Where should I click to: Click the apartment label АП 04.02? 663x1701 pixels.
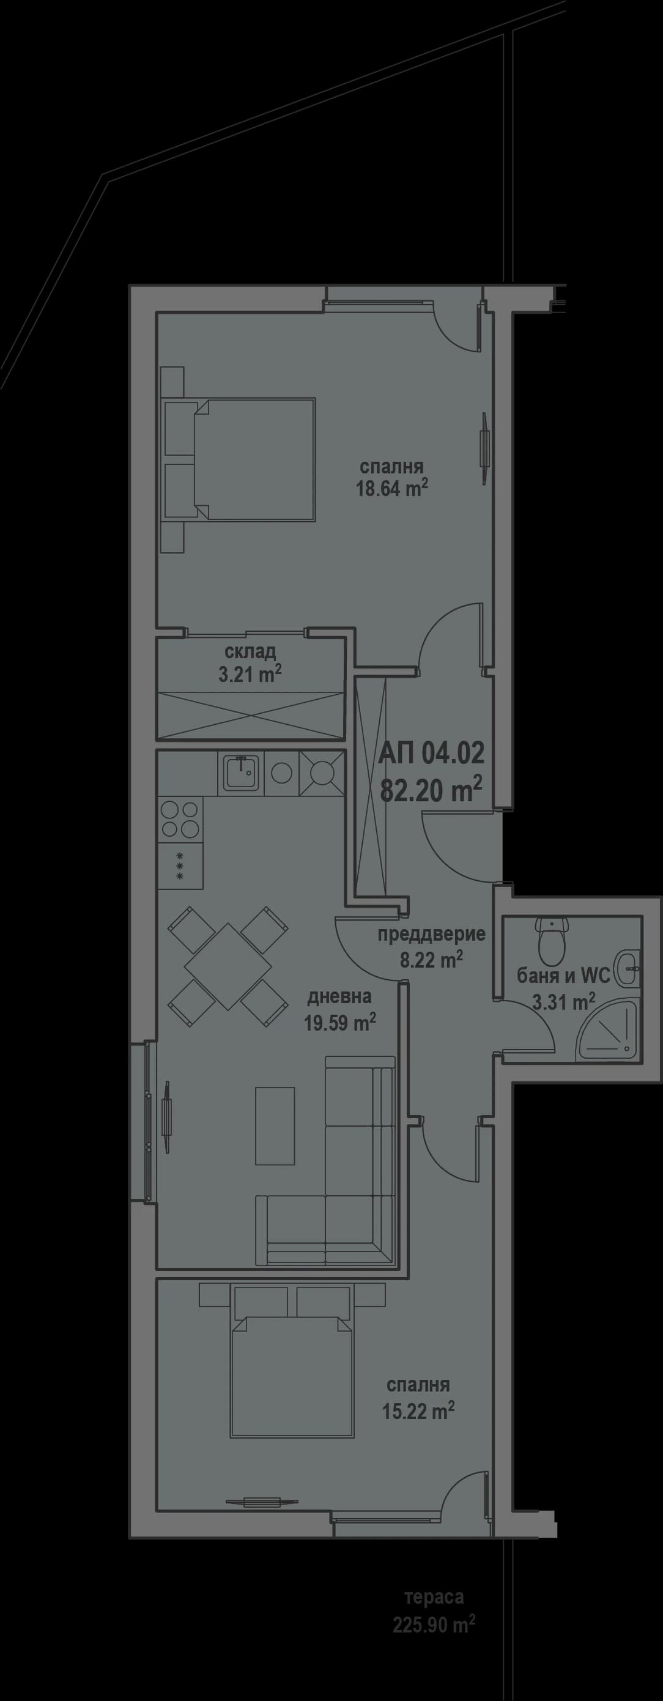pyautogui.click(x=431, y=752)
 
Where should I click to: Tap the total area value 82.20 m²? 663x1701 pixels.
pyautogui.click(x=431, y=790)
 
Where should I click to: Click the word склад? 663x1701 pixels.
pyautogui.click(x=250, y=653)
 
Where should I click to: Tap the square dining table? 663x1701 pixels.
pyautogui.click(x=227, y=966)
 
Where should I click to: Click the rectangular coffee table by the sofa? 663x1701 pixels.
pyautogui.click(x=275, y=1126)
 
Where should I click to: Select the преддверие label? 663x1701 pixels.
pyautogui.click(x=431, y=934)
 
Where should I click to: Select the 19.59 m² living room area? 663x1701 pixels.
pyautogui.click(x=339, y=1023)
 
